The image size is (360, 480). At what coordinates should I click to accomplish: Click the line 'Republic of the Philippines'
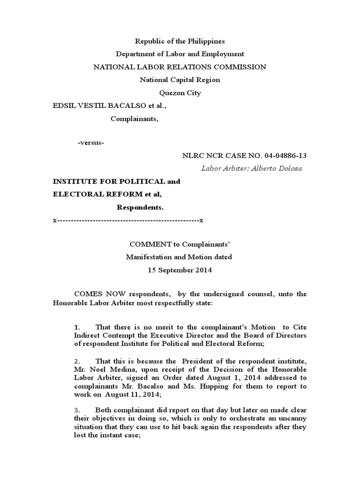click(x=180, y=41)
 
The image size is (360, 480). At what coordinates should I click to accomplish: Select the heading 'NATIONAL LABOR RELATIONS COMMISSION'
click(x=180, y=67)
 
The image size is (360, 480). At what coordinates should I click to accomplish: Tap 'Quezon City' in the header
click(x=180, y=93)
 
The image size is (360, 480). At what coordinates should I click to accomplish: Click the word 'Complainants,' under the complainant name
click(x=135, y=119)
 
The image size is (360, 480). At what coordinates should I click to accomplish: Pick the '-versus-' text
click(x=91, y=142)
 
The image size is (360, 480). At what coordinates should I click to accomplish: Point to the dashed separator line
click(x=128, y=220)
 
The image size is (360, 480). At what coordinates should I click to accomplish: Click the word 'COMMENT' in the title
click(x=147, y=244)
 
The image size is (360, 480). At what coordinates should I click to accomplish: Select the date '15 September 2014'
click(x=180, y=270)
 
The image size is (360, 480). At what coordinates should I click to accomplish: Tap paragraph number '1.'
click(x=77, y=327)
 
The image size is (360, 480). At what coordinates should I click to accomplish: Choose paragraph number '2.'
click(x=77, y=361)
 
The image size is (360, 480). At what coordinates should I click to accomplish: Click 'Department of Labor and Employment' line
click(x=180, y=54)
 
